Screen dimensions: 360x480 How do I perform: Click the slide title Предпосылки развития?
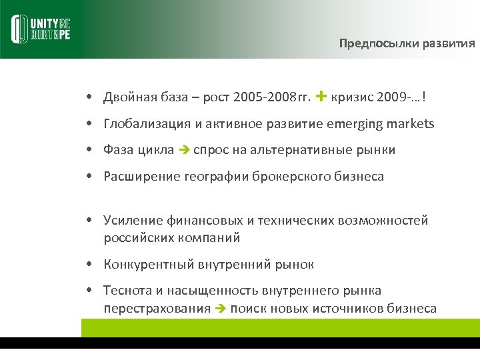[407, 44]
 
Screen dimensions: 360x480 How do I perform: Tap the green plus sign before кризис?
[321, 97]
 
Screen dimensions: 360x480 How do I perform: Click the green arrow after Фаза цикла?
[185, 151]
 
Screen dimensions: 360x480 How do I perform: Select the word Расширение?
[136, 177]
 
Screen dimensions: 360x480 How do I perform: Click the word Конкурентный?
[148, 265]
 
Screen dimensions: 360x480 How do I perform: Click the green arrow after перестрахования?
[222, 309]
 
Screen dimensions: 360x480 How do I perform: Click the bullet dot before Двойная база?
[89, 99]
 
